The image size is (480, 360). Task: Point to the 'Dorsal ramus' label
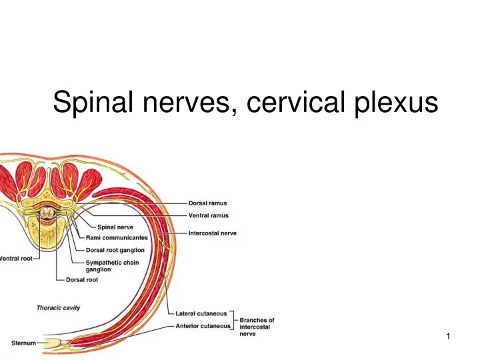pyautogui.click(x=207, y=204)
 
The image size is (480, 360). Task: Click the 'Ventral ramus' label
pyautogui.click(x=209, y=215)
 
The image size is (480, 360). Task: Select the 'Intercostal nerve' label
pyautogui.click(x=213, y=233)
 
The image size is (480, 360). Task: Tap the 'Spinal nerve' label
pyautogui.click(x=115, y=227)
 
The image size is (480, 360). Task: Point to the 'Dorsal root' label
pyautogui.click(x=83, y=280)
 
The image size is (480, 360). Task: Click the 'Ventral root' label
pyautogui.click(x=15, y=259)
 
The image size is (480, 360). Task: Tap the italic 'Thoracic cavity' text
pyautogui.click(x=58, y=307)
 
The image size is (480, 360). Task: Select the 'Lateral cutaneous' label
pyautogui.click(x=201, y=313)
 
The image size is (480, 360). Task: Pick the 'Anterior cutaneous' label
pyautogui.click(x=203, y=326)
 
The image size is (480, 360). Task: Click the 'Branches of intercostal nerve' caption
pyautogui.click(x=257, y=327)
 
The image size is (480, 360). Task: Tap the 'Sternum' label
pyautogui.click(x=23, y=343)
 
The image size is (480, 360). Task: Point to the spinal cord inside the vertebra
pyautogui.click(x=48, y=214)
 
